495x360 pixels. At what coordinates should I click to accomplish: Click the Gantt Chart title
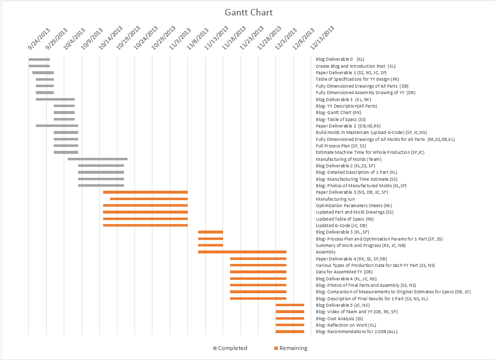248,12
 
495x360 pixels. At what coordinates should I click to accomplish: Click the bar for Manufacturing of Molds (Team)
97,159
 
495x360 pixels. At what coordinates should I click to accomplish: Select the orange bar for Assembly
242,252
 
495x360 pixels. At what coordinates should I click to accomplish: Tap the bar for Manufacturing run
148,199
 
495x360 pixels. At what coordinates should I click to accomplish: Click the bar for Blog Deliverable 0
39,59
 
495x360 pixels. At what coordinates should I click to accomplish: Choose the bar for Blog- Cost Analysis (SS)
290,318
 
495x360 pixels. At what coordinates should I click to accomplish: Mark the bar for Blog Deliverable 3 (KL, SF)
210,232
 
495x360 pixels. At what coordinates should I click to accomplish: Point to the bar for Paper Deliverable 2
57,125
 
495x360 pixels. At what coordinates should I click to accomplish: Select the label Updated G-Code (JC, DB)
341,226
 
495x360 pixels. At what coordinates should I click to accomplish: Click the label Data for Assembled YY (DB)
344,272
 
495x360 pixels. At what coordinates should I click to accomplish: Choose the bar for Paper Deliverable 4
258,258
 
